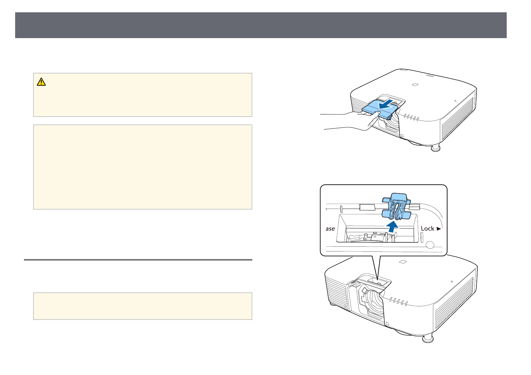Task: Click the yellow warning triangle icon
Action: (41, 82)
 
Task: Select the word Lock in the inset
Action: (428, 228)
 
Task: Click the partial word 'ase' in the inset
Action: (330, 228)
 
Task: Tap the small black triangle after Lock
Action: (439, 228)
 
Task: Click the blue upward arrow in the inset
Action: (391, 226)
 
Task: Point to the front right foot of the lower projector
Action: (428, 339)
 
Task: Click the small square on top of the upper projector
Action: (415, 84)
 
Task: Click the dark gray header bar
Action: (261, 25)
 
